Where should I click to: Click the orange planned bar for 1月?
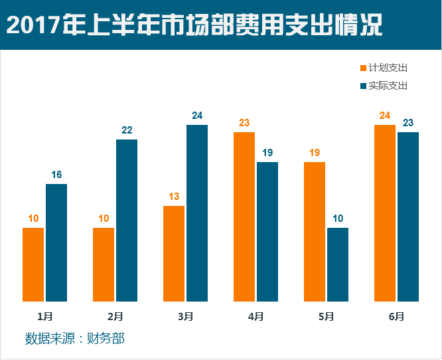(x=33, y=264)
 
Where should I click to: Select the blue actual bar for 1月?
(x=56, y=242)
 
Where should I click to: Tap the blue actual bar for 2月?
(x=127, y=221)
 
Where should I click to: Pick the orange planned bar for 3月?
(x=174, y=254)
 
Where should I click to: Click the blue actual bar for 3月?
(x=197, y=213)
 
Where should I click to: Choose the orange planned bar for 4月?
(x=244, y=217)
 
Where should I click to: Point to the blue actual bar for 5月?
(x=338, y=264)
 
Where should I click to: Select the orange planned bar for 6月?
(x=385, y=213)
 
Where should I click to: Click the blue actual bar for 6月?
(x=408, y=217)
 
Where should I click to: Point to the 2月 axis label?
(x=115, y=317)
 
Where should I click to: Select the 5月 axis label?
(x=326, y=317)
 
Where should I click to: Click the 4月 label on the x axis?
(x=256, y=317)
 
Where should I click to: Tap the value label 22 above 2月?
(x=127, y=130)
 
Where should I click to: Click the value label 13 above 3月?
(x=174, y=197)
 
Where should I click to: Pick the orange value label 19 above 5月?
(x=315, y=153)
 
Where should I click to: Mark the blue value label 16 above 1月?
(x=56, y=175)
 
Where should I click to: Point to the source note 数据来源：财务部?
(x=74, y=339)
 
